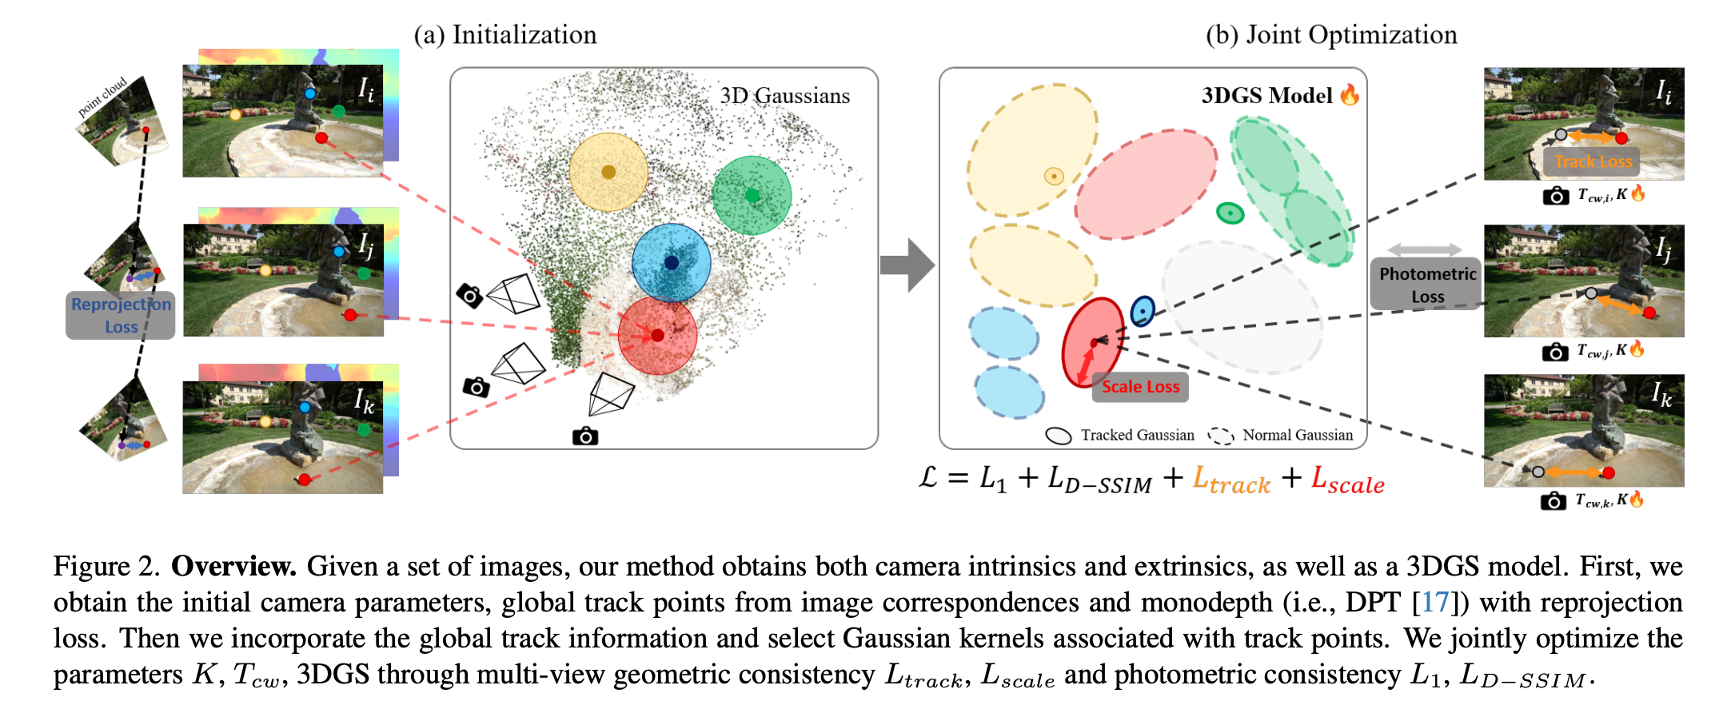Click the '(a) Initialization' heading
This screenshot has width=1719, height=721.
point(505,35)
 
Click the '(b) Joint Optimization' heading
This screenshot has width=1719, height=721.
point(1331,35)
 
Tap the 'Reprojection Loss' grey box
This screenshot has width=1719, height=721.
point(121,316)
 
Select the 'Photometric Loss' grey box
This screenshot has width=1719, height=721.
point(1427,285)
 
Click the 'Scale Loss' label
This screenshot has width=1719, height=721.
point(1140,387)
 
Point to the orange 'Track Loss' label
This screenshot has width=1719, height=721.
point(1593,162)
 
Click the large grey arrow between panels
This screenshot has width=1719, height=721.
point(907,265)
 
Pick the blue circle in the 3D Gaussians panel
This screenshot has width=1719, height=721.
point(671,262)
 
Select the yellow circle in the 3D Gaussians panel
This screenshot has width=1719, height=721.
point(608,172)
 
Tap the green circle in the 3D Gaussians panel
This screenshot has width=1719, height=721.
point(752,195)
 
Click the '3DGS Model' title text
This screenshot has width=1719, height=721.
point(1266,96)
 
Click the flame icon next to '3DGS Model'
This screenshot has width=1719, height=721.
point(1350,95)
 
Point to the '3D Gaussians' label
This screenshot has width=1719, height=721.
point(784,96)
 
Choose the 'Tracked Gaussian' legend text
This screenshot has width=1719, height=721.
point(1137,436)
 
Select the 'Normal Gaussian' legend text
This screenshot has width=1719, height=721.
point(1297,436)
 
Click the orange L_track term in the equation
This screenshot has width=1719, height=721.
point(1231,480)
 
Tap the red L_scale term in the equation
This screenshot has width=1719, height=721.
point(1348,480)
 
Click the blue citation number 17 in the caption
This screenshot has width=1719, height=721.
point(1435,602)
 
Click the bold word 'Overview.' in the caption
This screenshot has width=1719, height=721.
point(233,566)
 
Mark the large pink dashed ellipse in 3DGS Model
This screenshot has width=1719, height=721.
point(1145,185)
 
